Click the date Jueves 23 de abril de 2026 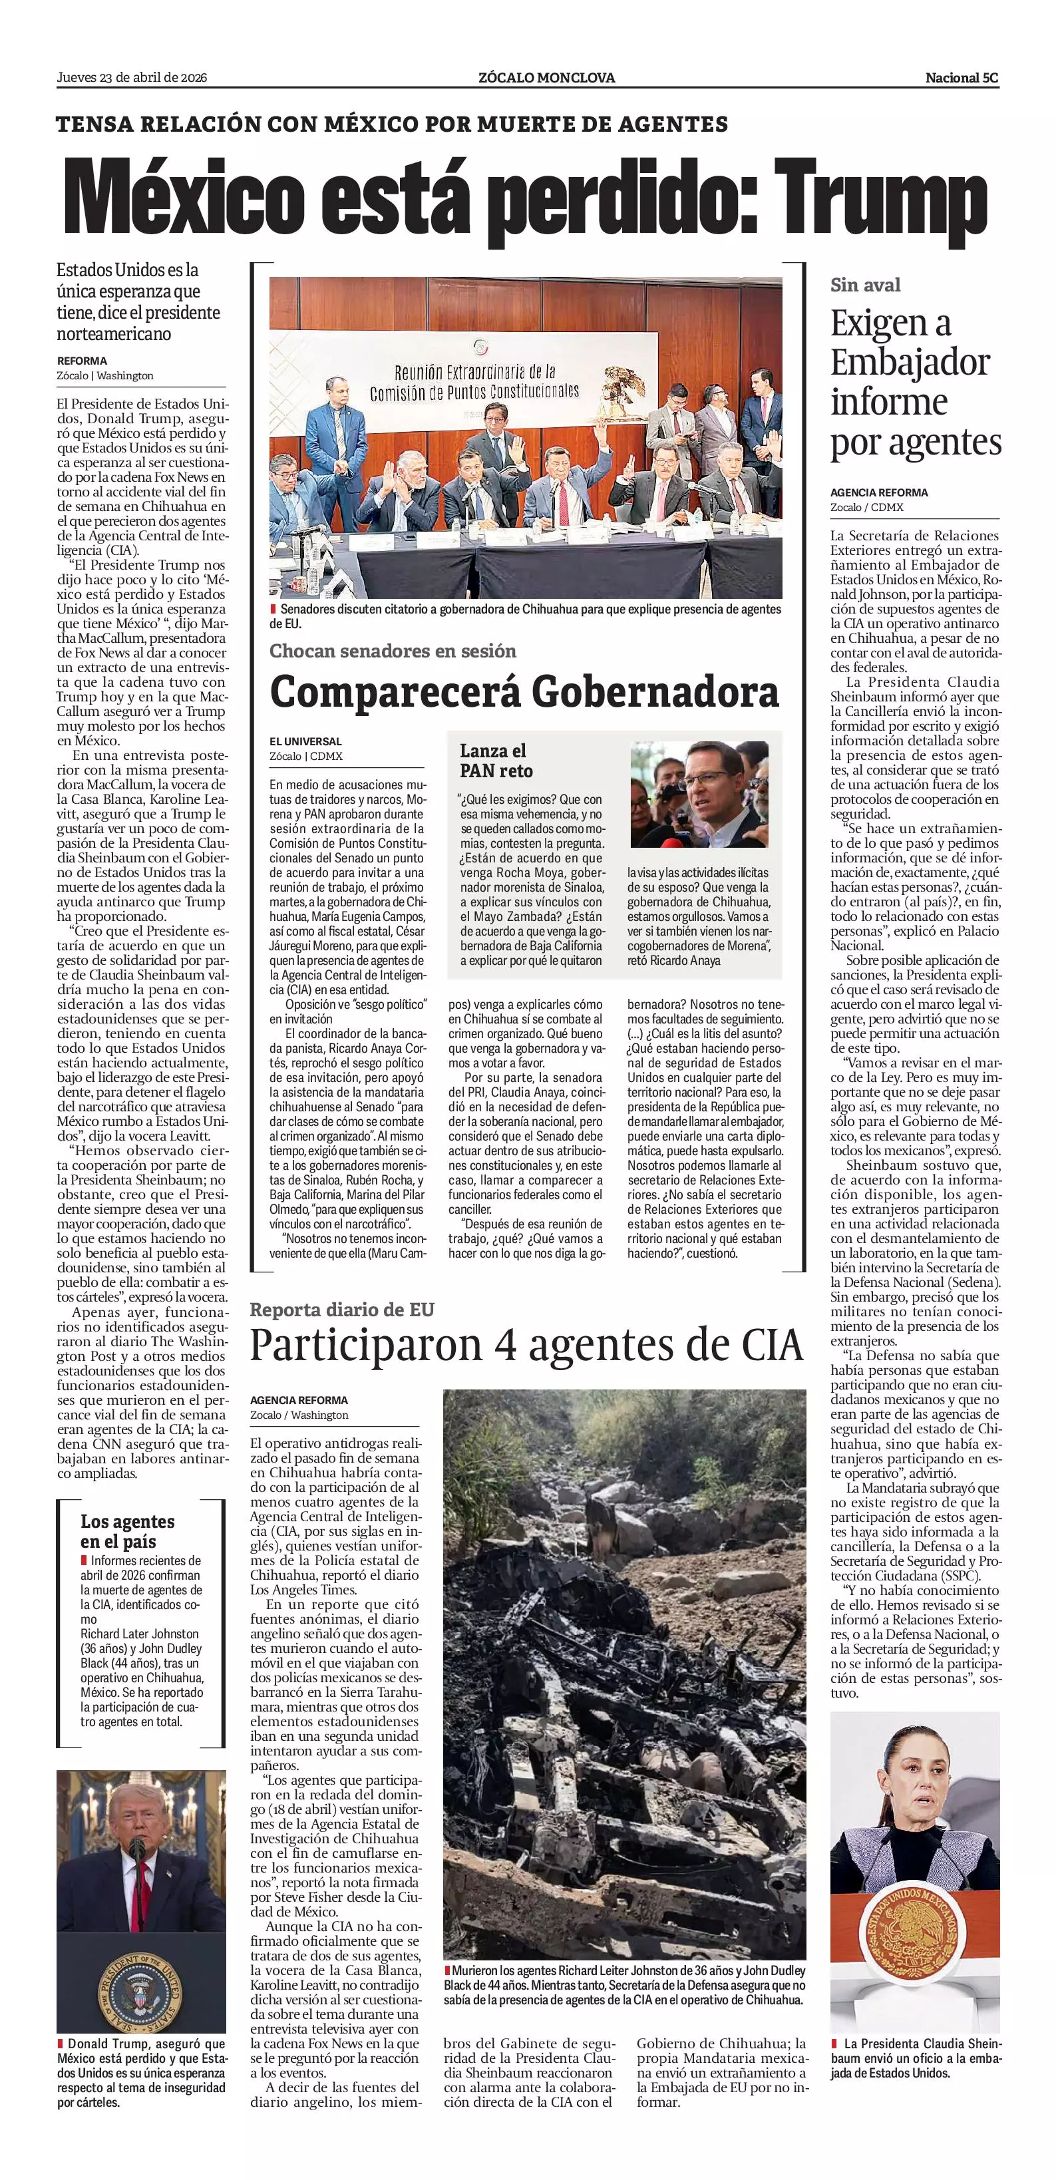click(132, 78)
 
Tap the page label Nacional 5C click(962, 78)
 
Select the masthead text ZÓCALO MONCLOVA click(546, 78)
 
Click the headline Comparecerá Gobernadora click(524, 692)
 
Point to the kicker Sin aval click(865, 285)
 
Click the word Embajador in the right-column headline click(910, 362)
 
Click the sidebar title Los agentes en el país click(127, 1531)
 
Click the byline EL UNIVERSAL click(305, 741)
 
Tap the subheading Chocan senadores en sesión click(393, 651)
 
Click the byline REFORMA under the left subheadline click(82, 361)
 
